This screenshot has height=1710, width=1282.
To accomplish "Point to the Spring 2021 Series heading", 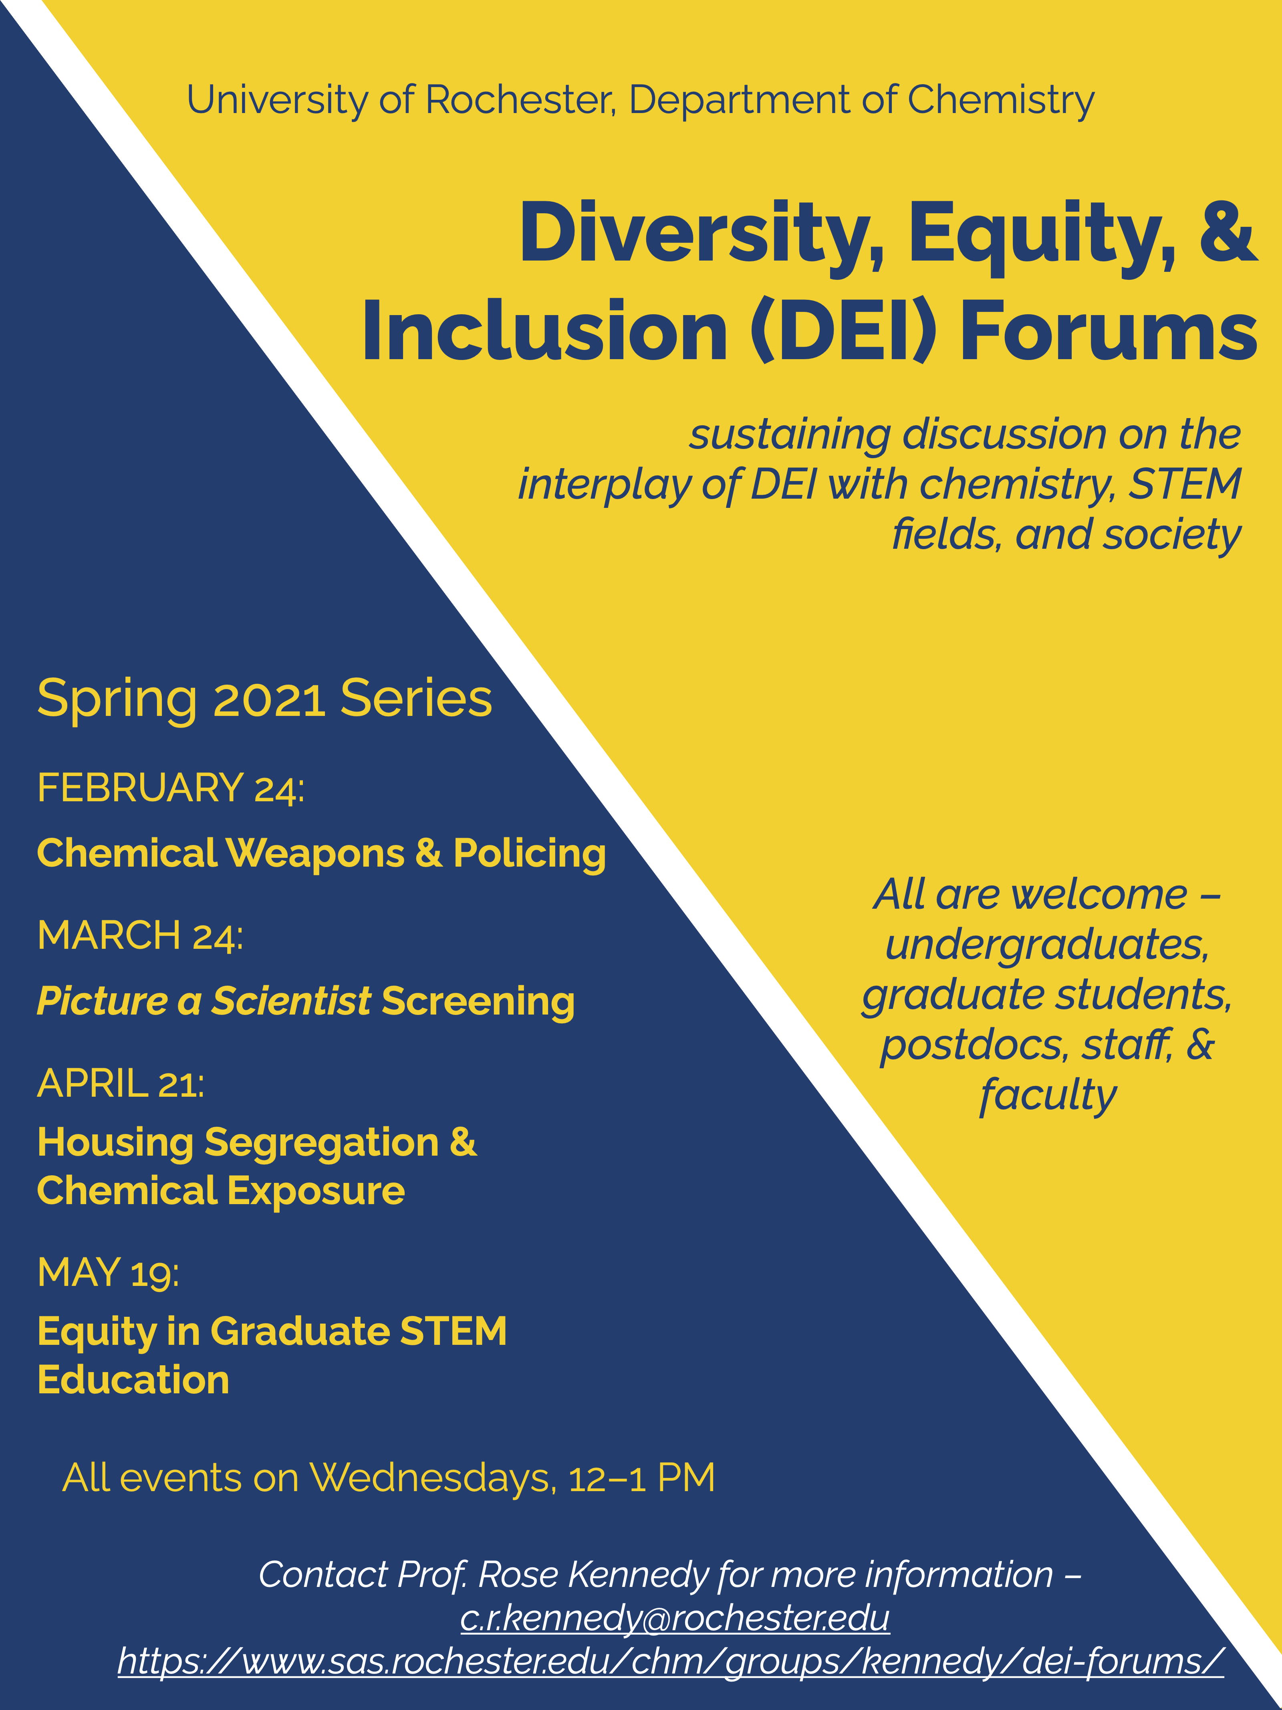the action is (x=264, y=699).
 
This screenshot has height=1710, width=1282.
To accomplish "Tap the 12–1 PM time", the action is (x=641, y=1478).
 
